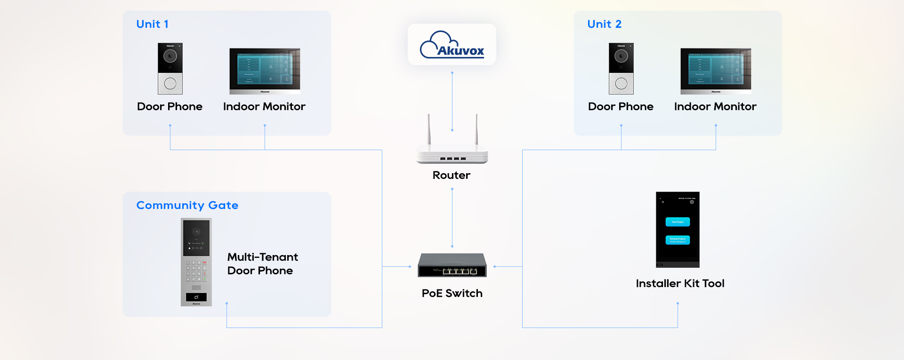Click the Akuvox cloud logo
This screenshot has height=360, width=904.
click(452, 45)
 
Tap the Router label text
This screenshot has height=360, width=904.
click(451, 175)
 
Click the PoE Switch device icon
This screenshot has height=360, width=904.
click(452, 265)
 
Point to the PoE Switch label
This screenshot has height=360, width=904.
click(452, 293)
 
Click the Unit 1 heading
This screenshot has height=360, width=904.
click(152, 24)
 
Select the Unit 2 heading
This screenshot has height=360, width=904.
click(604, 24)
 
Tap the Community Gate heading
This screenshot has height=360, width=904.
click(187, 205)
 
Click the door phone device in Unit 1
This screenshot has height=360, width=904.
click(170, 69)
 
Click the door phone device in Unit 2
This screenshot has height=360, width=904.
click(621, 69)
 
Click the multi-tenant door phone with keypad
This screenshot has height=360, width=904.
click(196, 262)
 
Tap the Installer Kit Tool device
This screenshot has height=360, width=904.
click(678, 230)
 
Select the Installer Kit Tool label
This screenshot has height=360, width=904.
click(680, 283)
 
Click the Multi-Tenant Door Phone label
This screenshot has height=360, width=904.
click(262, 264)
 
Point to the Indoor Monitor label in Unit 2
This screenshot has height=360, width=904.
click(715, 106)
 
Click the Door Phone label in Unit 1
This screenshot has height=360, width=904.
click(169, 106)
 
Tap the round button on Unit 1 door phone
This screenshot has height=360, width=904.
click(170, 84)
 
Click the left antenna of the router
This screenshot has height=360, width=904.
click(429, 129)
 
